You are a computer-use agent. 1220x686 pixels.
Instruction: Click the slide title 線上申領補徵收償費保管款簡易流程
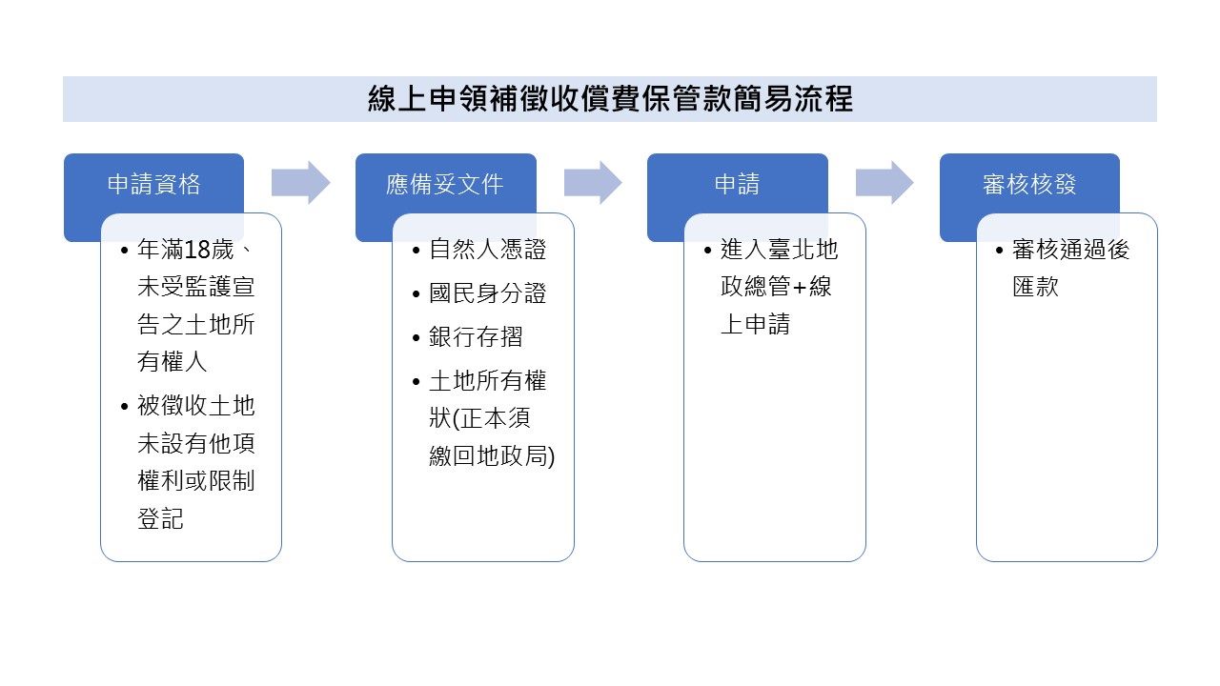coord(610,99)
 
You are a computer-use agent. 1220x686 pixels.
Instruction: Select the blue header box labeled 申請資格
coord(153,184)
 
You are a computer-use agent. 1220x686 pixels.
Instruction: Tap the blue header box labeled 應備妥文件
coord(445,184)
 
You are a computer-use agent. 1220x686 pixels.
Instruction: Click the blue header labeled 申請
coord(737,184)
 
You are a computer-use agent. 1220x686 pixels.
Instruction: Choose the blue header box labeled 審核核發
coord(1029,184)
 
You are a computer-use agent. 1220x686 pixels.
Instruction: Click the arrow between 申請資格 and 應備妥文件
coord(300,182)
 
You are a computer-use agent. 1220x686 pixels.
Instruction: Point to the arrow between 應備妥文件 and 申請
coord(592,182)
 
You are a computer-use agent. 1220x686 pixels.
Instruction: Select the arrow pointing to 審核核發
coord(884,182)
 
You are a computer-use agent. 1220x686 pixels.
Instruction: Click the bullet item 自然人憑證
coord(488,250)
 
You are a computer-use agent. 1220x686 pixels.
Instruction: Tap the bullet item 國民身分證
coord(488,293)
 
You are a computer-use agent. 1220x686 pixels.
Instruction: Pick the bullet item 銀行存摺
coord(476,337)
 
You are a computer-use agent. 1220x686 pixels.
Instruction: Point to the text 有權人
coord(173,362)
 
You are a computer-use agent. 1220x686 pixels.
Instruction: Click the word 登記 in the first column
coord(160,519)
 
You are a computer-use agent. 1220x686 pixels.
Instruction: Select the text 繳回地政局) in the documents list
coord(492,455)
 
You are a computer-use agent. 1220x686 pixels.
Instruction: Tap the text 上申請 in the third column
coord(755,324)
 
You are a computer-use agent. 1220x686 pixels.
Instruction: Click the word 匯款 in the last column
coord(1035,287)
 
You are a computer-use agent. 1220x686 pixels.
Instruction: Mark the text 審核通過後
coord(1070,251)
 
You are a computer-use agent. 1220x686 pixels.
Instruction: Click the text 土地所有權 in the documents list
coord(488,381)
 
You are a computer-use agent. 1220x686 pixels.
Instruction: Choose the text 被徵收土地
coord(196,406)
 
